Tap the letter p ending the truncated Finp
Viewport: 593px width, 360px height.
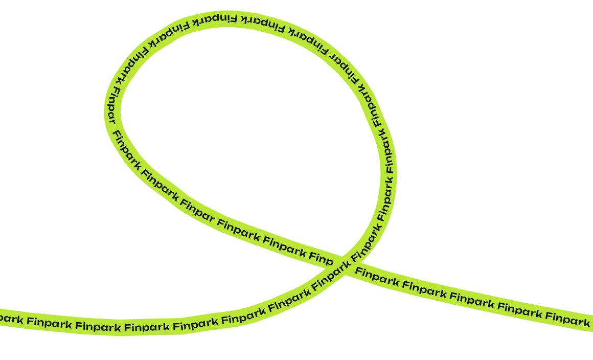[329, 261]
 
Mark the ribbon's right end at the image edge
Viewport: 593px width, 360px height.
[590, 323]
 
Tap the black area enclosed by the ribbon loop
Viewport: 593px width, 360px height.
[245, 128]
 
